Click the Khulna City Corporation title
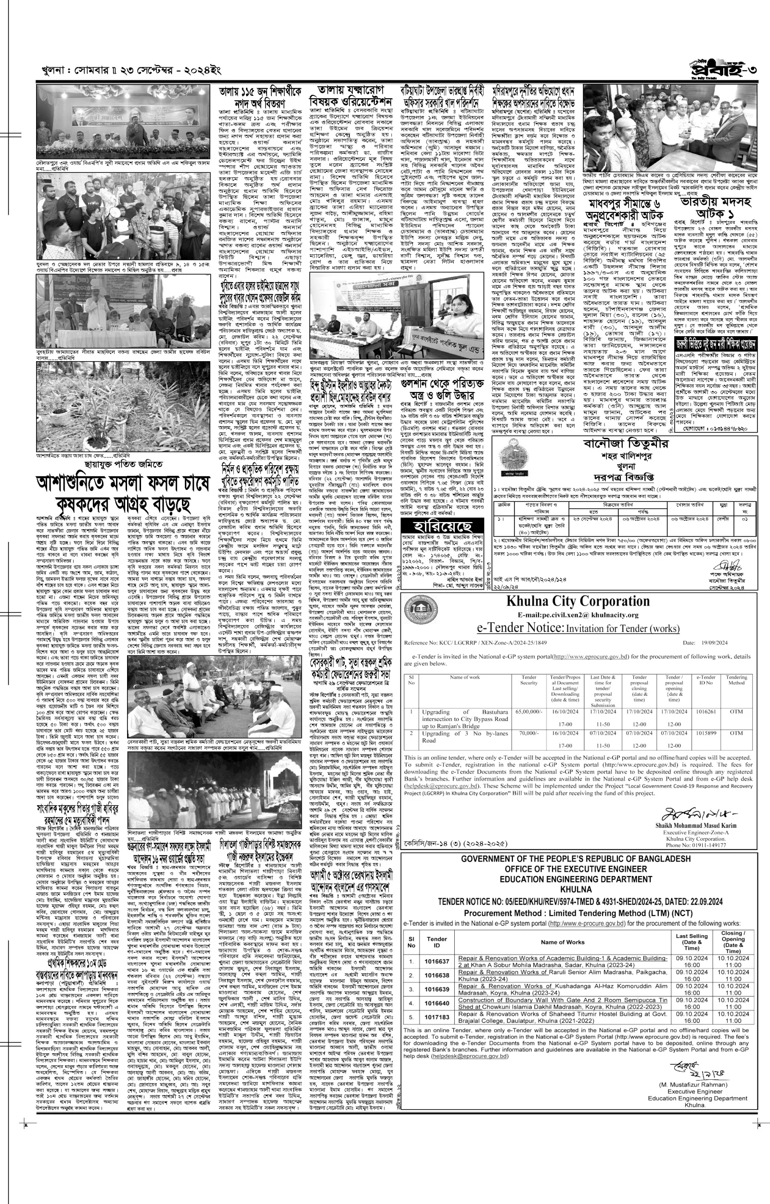coord(577,601)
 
